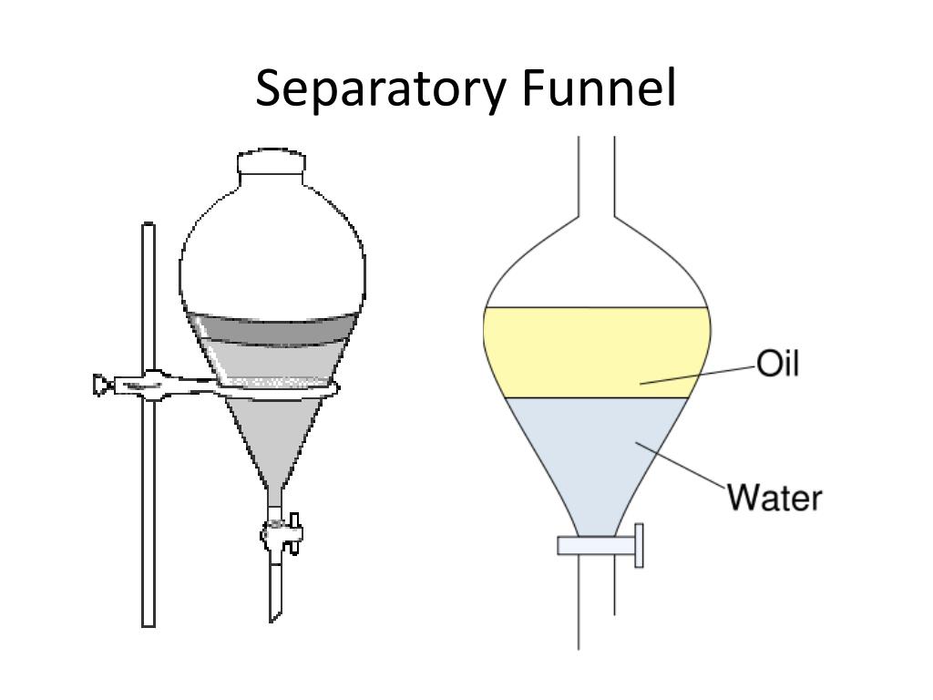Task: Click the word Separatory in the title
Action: (381, 89)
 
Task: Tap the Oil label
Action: (777, 364)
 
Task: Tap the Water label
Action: (774, 499)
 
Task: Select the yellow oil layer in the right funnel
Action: (583, 351)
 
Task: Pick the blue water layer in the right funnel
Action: (583, 456)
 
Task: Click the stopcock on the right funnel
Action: (601, 546)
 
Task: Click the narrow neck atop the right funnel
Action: (597, 178)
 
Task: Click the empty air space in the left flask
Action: (273, 255)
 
